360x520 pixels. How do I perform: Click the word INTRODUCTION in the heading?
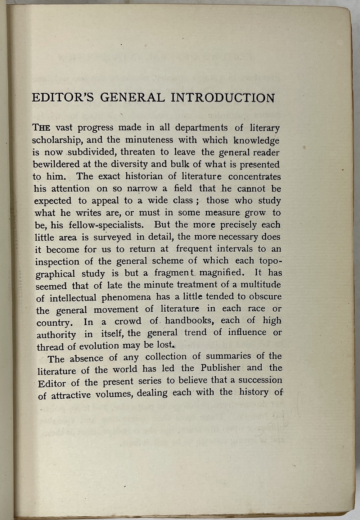[x=222, y=98]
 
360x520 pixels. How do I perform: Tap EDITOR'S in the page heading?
[x=63, y=98]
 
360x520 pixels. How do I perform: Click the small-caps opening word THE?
[x=42, y=128]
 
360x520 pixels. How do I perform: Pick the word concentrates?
[x=254, y=176]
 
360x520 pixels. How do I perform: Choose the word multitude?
[x=260, y=285]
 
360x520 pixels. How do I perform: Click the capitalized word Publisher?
[x=220, y=368]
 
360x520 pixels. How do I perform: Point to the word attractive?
[x=71, y=395]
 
